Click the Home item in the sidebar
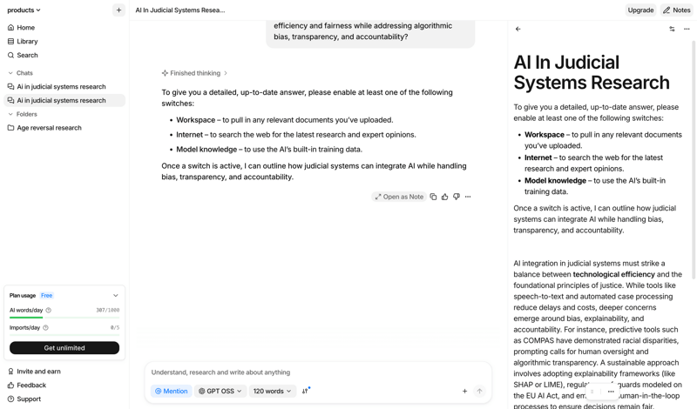[25, 28]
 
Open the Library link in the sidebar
[27, 42]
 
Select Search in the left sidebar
[27, 56]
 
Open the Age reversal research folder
[49, 128]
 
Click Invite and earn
[38, 372]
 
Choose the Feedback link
[31, 386]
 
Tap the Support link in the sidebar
[29, 399]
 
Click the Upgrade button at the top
[640, 10]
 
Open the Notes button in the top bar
[676, 10]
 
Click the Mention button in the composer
[171, 392]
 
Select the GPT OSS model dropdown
[220, 392]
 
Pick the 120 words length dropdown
[272, 392]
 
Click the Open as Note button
[399, 197]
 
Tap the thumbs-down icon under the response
[457, 197]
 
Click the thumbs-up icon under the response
[445, 197]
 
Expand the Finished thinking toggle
[194, 73]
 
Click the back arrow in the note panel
[518, 30]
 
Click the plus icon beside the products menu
[118, 10]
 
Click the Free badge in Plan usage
[47, 296]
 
